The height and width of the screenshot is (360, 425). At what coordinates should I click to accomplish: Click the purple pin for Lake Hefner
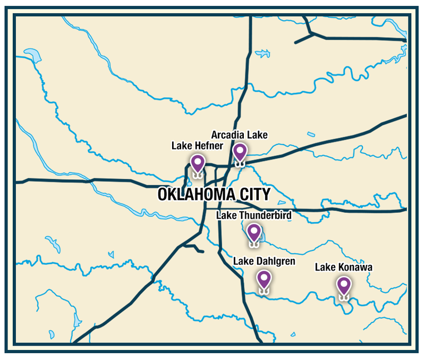[x=198, y=162]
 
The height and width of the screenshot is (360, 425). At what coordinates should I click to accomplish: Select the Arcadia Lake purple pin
[x=240, y=152]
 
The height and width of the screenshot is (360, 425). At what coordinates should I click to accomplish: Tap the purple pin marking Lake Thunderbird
[x=254, y=232]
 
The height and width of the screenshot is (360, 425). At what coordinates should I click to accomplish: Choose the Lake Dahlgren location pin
[x=263, y=279]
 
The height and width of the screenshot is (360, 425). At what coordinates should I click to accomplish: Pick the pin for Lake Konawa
[x=344, y=286]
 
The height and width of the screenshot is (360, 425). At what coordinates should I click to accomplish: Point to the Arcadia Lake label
[x=239, y=135]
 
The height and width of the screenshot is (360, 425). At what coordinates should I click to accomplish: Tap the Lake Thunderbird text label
[x=254, y=215]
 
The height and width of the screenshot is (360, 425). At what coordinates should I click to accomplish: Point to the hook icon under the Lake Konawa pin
[x=344, y=298]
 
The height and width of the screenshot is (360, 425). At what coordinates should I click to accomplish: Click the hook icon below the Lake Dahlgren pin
[x=263, y=291]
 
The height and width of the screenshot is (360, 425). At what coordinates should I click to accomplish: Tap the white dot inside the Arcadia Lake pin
[x=240, y=149]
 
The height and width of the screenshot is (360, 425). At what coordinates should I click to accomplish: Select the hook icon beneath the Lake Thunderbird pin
[x=254, y=245]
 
